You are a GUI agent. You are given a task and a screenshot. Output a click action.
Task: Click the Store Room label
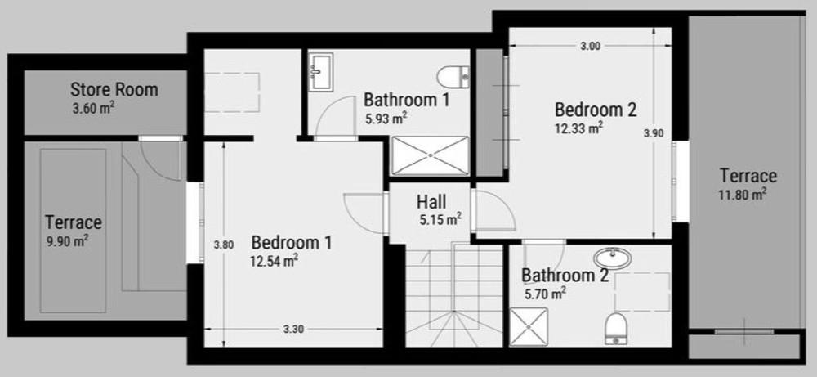(x=114, y=89)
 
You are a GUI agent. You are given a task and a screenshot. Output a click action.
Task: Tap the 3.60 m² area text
(x=94, y=110)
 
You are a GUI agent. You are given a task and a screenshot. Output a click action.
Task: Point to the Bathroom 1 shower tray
(x=430, y=155)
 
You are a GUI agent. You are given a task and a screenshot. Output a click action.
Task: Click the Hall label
(x=431, y=202)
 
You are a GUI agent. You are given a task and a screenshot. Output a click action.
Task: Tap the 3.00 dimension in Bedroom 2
(x=591, y=46)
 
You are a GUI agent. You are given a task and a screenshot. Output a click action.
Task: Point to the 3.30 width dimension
(x=294, y=329)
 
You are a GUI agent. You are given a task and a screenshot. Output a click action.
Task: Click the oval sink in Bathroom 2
(x=612, y=258)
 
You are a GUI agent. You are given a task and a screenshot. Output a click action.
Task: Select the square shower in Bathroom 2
(x=529, y=327)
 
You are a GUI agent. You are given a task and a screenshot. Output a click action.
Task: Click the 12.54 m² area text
(x=274, y=260)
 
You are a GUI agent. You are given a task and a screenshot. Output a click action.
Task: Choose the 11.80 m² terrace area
(x=742, y=195)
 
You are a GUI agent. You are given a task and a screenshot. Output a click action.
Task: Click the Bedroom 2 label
(x=596, y=110)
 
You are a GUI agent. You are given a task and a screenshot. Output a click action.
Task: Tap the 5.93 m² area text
(x=386, y=119)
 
